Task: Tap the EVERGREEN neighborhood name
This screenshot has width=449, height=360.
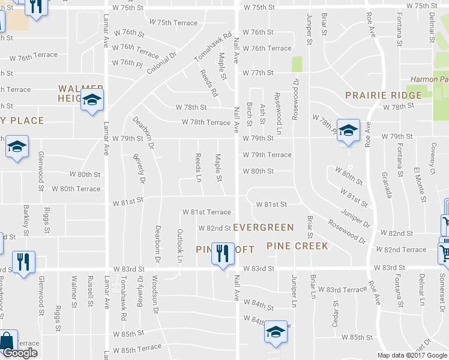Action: click(x=264, y=227)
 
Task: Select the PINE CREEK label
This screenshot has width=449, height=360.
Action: click(x=298, y=246)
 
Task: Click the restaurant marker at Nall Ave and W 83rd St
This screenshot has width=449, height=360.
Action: click(x=223, y=254)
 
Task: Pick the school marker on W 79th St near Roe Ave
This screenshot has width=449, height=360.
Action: click(x=348, y=130)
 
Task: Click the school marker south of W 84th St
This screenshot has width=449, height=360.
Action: click(x=276, y=332)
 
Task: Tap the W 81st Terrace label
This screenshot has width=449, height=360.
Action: click(x=206, y=212)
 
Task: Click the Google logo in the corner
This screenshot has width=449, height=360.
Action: click(x=20, y=353)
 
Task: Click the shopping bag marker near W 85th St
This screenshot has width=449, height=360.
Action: click(x=8, y=340)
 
